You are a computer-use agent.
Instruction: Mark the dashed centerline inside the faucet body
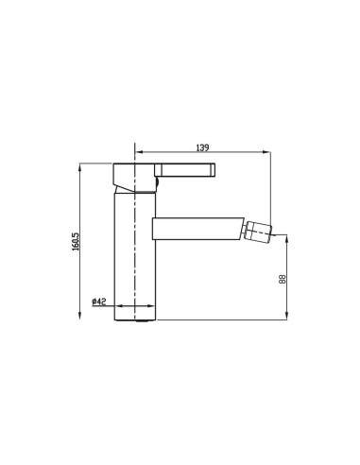[x=136, y=265]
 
